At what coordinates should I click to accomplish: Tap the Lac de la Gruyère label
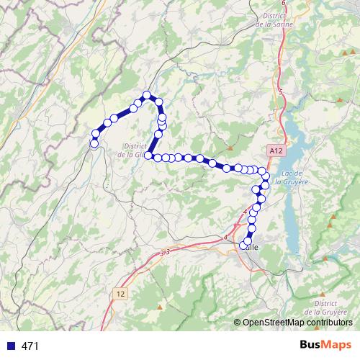pyautogui.click(x=297, y=177)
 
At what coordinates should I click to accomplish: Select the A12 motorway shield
pyautogui.click(x=274, y=151)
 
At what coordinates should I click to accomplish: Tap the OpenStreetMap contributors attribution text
pyautogui.click(x=299, y=323)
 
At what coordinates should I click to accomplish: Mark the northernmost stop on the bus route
pyautogui.click(x=147, y=95)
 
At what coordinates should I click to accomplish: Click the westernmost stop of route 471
pyautogui.click(x=94, y=144)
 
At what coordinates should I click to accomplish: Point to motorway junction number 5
pyautogui.click(x=280, y=91)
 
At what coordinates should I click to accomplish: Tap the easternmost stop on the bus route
pyautogui.click(x=266, y=176)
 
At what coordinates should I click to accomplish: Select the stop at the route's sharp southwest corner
pyautogui.click(x=149, y=155)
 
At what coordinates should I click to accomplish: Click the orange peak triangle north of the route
pyautogui.click(x=230, y=127)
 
